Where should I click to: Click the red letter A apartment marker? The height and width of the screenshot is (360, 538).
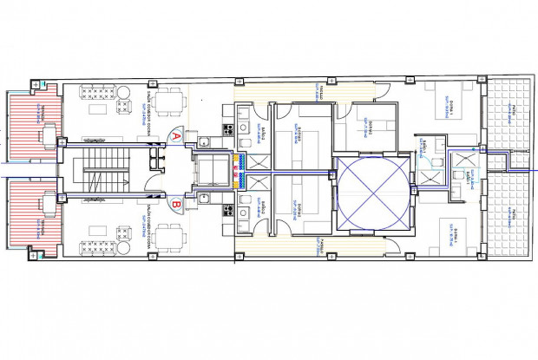click(x=177, y=134)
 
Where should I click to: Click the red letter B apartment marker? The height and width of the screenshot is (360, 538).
click(x=177, y=205)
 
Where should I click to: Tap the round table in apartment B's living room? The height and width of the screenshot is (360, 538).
click(x=124, y=248)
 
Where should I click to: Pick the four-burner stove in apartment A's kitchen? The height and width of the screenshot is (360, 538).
click(x=229, y=130)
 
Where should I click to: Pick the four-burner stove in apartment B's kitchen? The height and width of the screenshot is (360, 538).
click(x=229, y=209)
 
